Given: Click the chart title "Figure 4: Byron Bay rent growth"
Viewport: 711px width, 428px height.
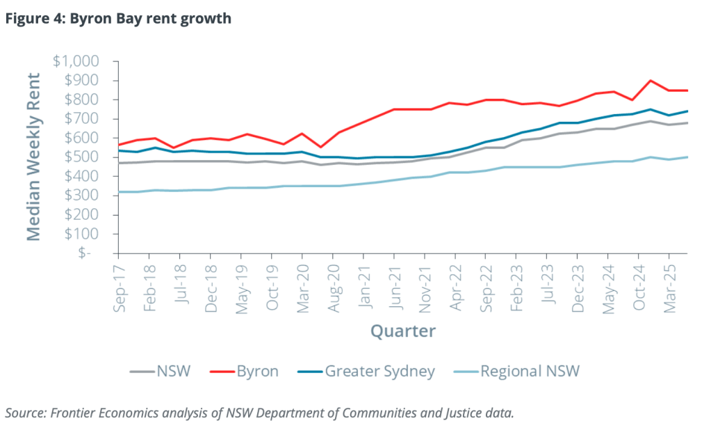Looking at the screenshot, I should pos(118,19).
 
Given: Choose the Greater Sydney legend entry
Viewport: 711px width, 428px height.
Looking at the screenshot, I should pos(370,371).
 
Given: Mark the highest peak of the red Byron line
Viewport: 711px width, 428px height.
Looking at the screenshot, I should pos(650,81).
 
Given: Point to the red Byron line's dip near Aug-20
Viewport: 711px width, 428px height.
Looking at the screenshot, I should pos(320,148).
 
